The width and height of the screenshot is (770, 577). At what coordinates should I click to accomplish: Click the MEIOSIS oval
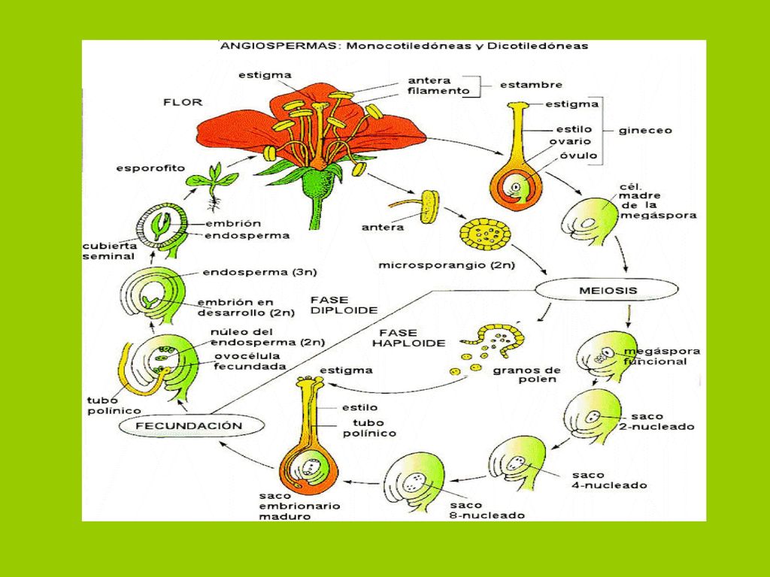click(x=607, y=290)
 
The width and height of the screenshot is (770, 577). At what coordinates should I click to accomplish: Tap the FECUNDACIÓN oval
click(x=189, y=425)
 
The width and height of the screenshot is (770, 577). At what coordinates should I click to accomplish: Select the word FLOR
click(x=183, y=102)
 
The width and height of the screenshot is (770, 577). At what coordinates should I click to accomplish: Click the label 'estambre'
click(x=531, y=85)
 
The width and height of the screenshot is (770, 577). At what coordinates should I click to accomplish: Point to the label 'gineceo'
click(x=644, y=131)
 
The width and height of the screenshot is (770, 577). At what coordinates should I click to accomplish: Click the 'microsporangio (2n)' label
click(x=447, y=265)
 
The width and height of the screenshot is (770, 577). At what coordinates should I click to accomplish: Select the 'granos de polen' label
click(x=526, y=374)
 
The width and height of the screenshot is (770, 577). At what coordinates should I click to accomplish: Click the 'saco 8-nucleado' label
click(x=487, y=510)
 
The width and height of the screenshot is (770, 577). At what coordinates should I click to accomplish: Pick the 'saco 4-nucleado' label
click(x=609, y=480)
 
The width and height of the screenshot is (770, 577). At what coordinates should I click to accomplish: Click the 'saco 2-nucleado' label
click(x=656, y=421)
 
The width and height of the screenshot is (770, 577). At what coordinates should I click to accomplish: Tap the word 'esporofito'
click(x=150, y=168)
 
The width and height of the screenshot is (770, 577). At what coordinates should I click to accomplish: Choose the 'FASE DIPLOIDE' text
click(x=344, y=305)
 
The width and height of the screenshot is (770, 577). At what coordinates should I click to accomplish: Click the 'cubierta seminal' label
click(x=110, y=251)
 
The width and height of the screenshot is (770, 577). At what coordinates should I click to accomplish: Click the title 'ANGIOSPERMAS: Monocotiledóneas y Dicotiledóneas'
click(x=404, y=46)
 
